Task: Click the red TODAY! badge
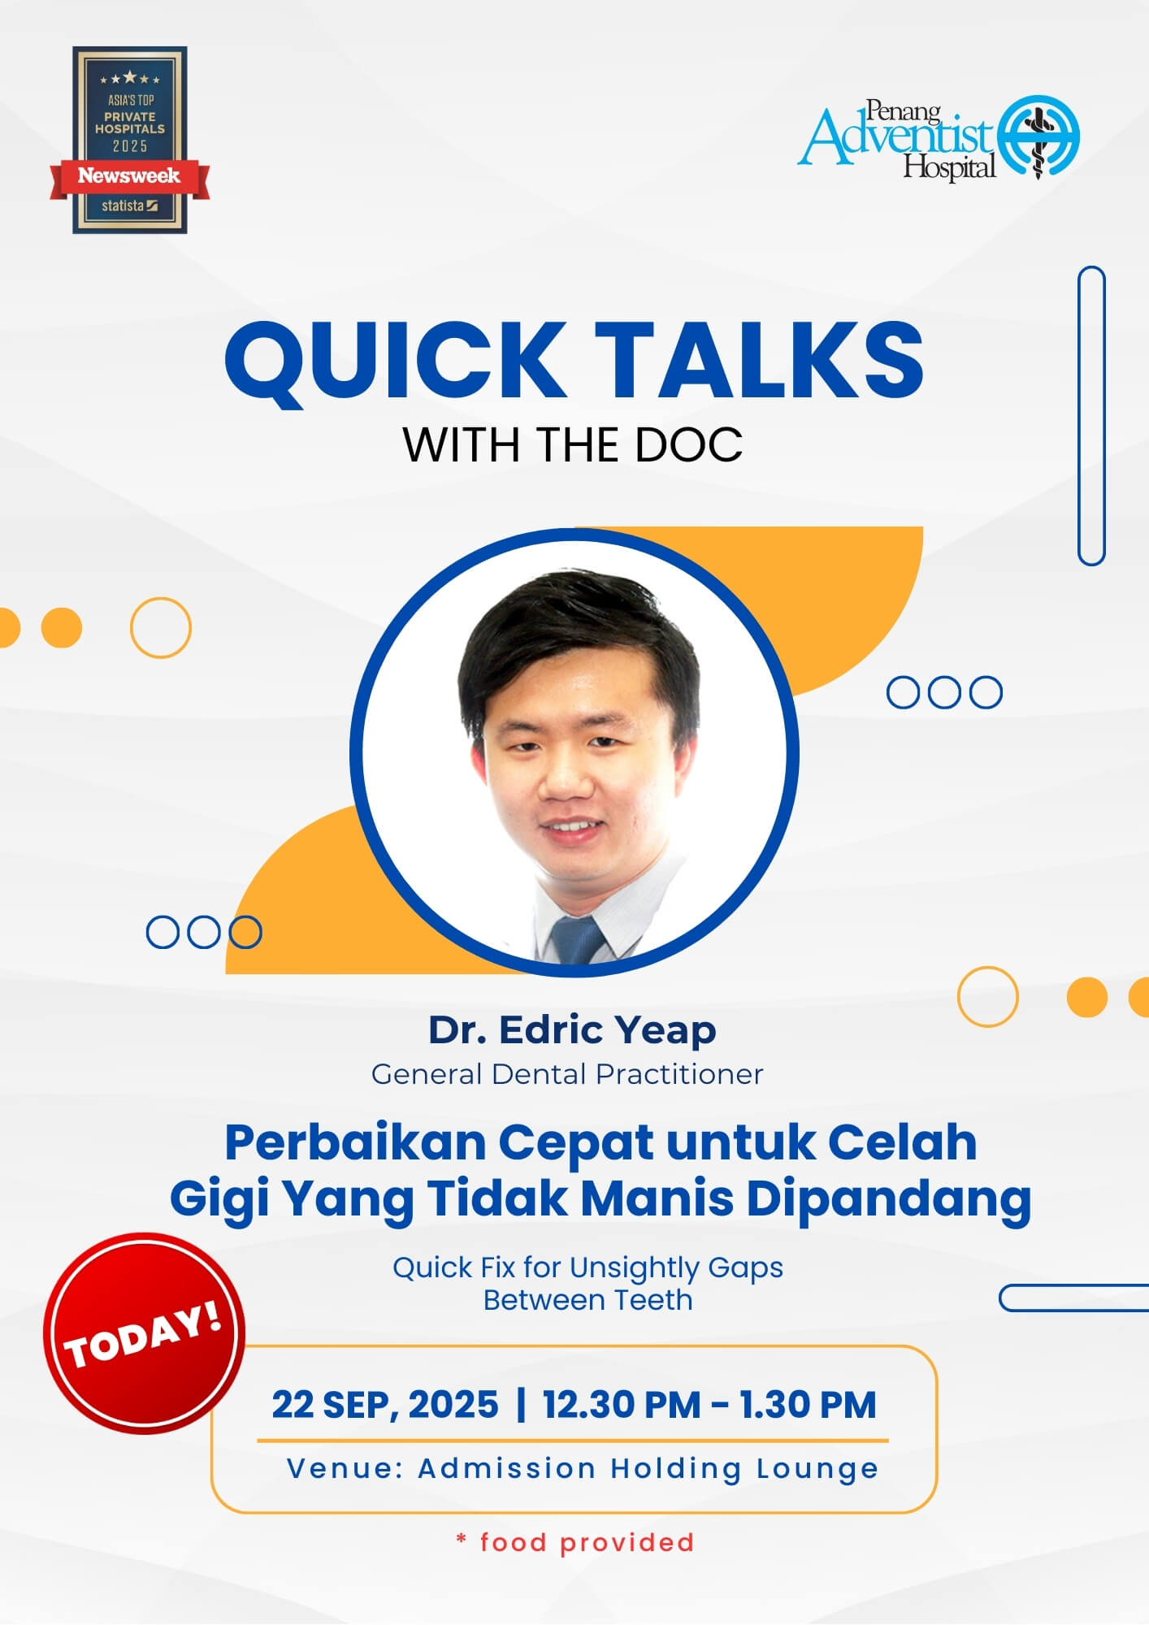pos(144,1332)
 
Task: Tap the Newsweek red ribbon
pos(130,178)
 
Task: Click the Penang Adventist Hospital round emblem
pos(1038,136)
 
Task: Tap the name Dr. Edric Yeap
pos(573,1030)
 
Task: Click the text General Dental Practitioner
pos(567,1074)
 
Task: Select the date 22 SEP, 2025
pos(385,1405)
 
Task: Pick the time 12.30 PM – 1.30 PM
pos(709,1405)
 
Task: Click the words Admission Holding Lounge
pos(648,1468)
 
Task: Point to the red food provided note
pos(575,1542)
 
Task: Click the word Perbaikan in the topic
pos(353,1142)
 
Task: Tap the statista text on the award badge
pos(123,206)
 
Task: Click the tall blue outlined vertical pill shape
pos(1091,415)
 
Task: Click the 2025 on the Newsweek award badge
pos(130,146)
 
